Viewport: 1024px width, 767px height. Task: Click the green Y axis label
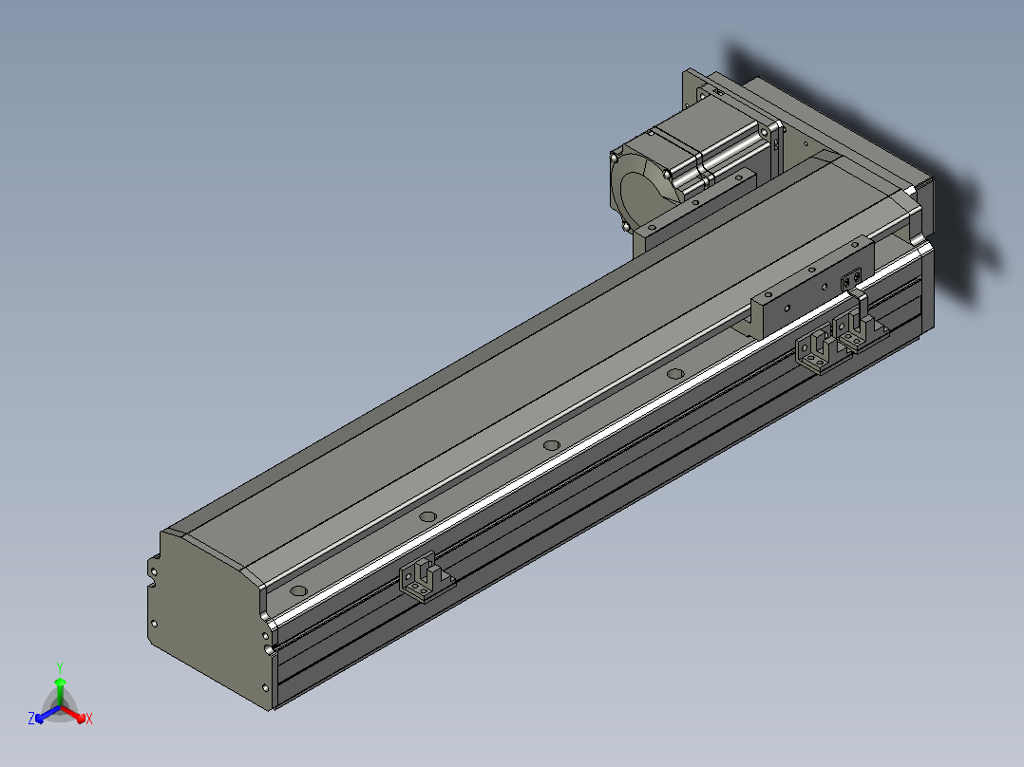(60, 667)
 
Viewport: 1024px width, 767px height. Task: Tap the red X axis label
(89, 719)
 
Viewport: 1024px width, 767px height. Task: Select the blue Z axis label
(31, 718)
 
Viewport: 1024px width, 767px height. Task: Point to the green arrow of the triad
(60, 691)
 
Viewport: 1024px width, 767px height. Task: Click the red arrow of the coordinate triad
(73, 714)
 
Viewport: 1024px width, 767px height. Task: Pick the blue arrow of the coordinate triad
(47, 714)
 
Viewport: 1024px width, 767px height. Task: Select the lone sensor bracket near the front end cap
(426, 578)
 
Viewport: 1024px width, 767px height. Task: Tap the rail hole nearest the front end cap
(298, 590)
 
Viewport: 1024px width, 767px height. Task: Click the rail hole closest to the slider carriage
(675, 374)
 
